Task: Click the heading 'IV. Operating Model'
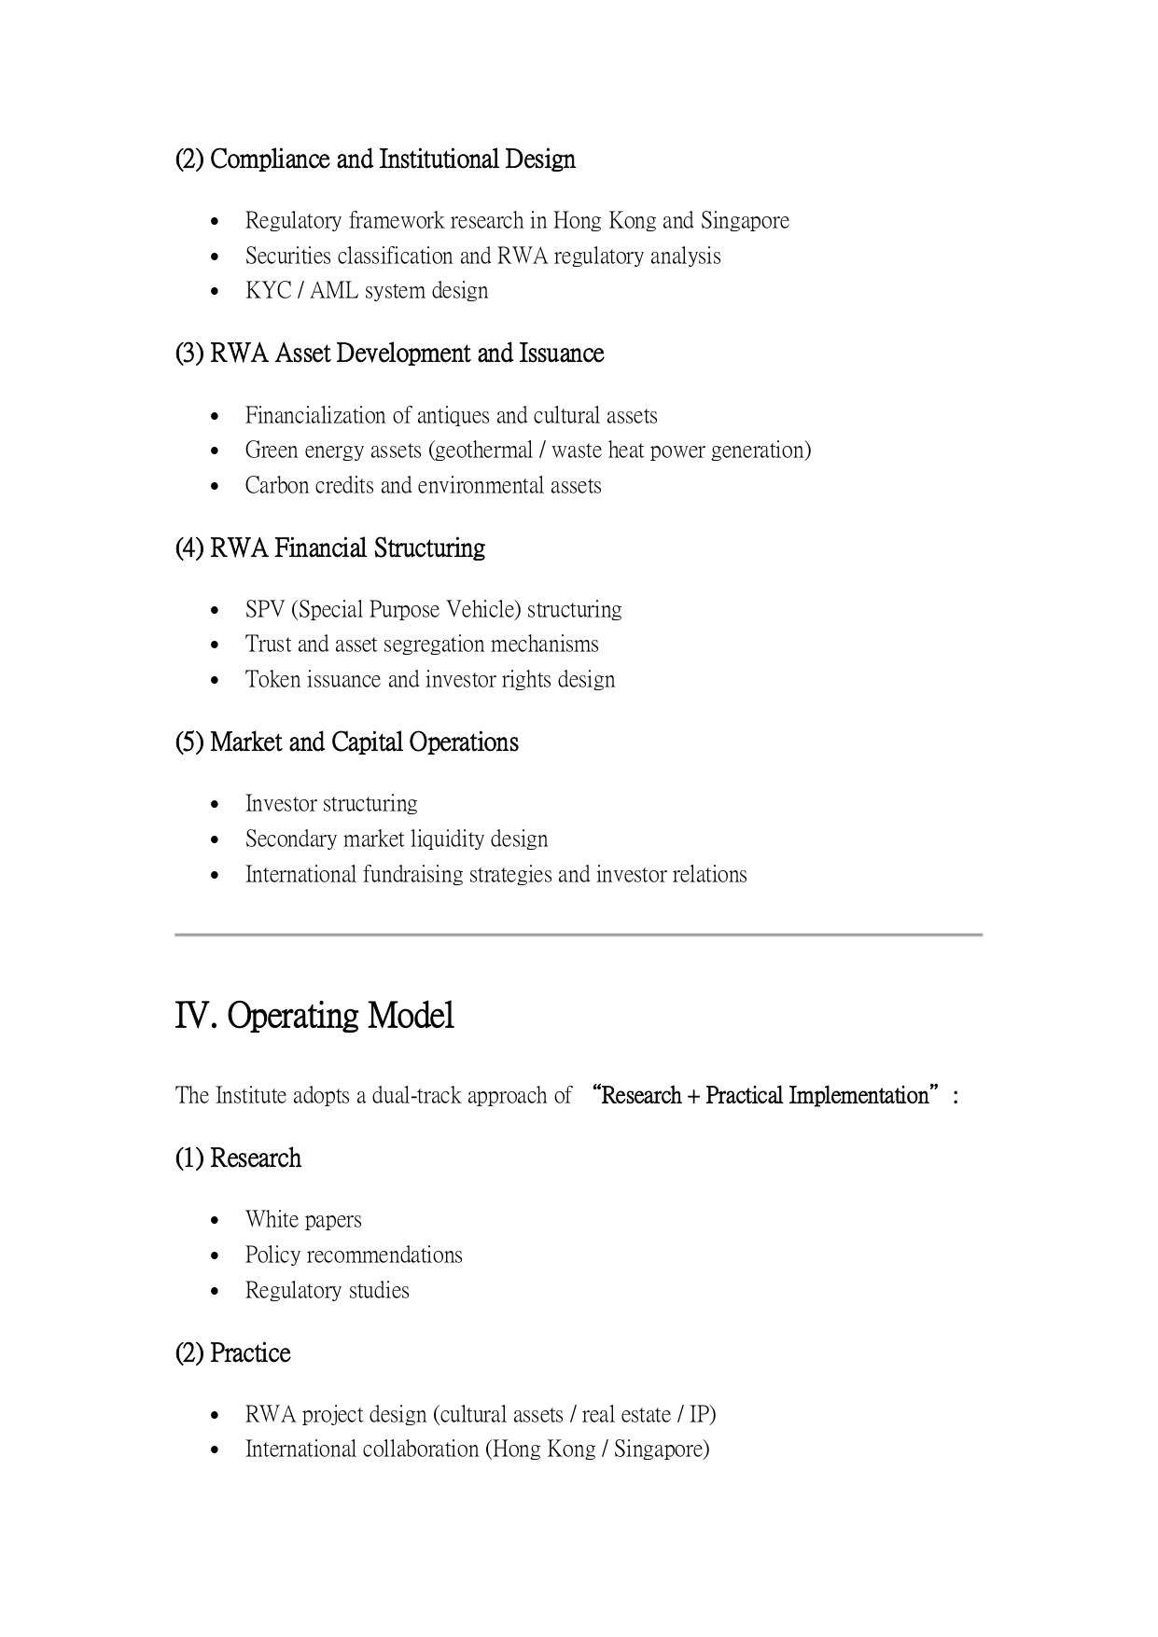(x=314, y=1016)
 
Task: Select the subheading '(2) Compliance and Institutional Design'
(x=375, y=160)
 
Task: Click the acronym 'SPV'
(x=264, y=610)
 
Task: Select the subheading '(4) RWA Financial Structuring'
(x=330, y=548)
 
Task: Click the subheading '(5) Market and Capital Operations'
(x=347, y=742)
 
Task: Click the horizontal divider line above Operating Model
(x=579, y=935)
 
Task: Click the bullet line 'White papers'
(x=303, y=1220)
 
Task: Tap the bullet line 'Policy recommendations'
(x=354, y=1255)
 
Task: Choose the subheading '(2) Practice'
(x=233, y=1353)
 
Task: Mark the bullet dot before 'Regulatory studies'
(x=216, y=1292)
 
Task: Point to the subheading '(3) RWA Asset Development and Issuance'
(x=390, y=354)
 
